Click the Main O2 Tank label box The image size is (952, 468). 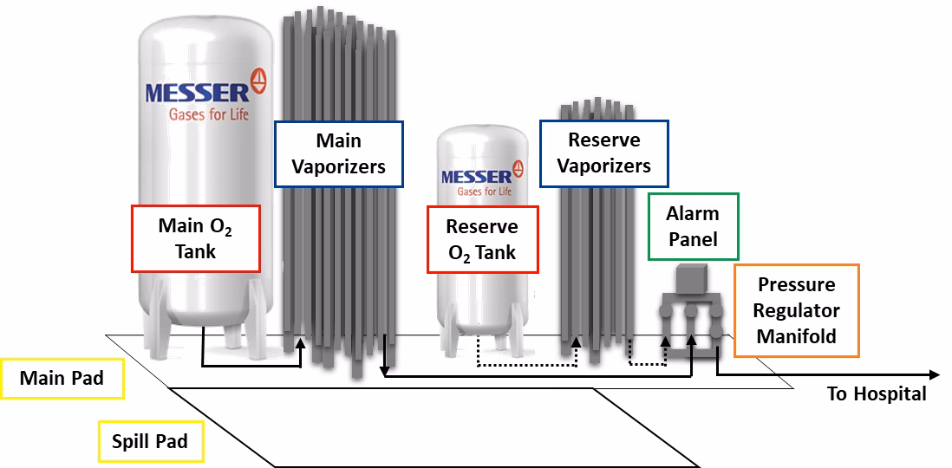[x=195, y=238]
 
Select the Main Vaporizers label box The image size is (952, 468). [x=338, y=153]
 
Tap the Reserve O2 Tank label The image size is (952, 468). [x=481, y=239]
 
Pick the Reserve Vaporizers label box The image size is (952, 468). [x=603, y=153]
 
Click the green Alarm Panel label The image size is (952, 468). [x=693, y=225]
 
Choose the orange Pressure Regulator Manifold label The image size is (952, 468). [x=796, y=310]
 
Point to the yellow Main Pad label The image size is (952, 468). [x=62, y=379]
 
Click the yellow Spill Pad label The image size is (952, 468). [x=149, y=442]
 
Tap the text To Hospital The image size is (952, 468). [x=876, y=394]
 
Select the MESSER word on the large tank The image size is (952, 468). [x=196, y=92]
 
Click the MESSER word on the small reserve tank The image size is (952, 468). [x=476, y=177]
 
